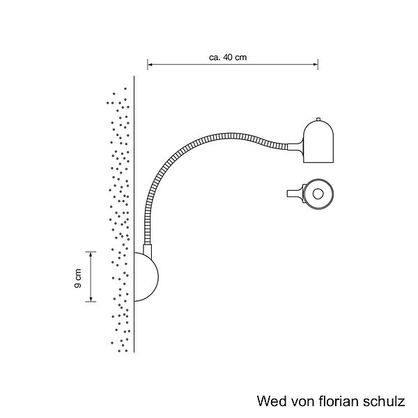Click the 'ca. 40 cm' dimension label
[x=229, y=58]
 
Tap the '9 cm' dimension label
[x=79, y=277]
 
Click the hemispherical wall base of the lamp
[x=146, y=277]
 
